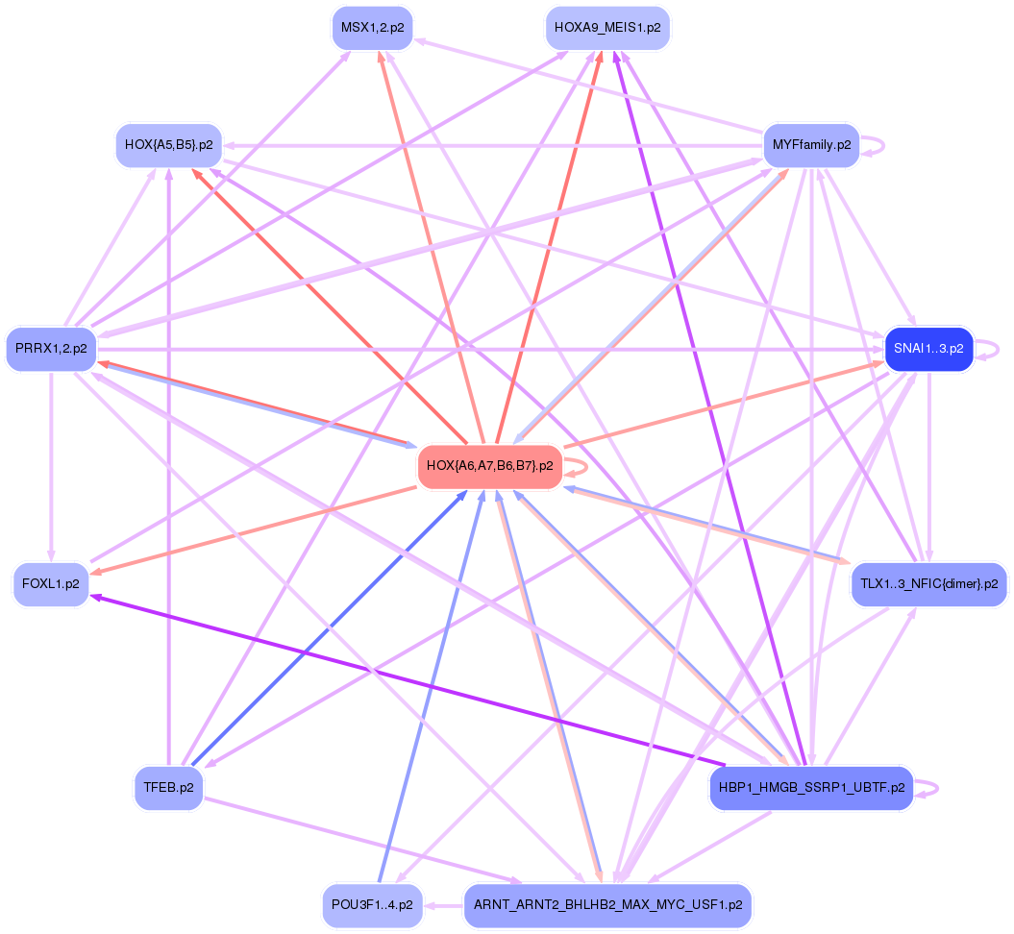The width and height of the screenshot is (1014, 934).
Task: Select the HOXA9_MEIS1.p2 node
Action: pos(607,28)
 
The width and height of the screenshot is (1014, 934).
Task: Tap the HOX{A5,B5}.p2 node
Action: pos(168,146)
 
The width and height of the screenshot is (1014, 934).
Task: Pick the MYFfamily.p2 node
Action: pos(811,145)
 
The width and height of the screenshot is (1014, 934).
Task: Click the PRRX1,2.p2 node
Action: pos(51,348)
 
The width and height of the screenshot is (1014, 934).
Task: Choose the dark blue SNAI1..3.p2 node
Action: pos(928,348)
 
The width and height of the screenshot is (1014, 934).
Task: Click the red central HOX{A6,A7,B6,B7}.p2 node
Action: pos(489,466)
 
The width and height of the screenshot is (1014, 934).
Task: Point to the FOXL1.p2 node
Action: pos(51,584)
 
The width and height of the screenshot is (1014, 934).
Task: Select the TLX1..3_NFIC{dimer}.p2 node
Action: pos(928,583)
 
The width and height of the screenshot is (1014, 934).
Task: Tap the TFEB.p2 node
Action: pos(168,787)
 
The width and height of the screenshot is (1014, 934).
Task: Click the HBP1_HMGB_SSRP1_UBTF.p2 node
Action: pos(811,788)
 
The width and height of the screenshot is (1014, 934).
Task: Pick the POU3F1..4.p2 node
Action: pos(372,905)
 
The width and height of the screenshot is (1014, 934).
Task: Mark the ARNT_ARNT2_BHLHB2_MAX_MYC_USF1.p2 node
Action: pos(607,905)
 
